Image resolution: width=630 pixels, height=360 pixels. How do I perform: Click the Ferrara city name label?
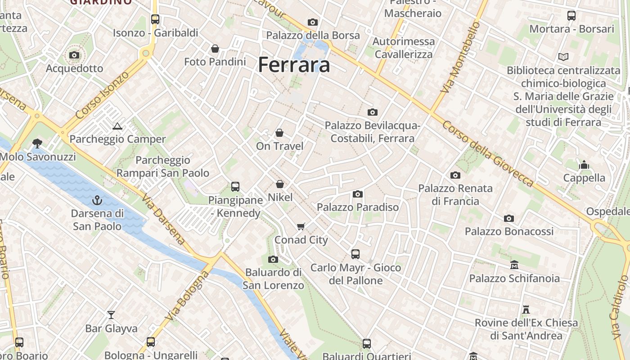click(x=294, y=65)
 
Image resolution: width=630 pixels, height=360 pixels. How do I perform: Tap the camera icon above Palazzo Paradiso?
click(x=358, y=194)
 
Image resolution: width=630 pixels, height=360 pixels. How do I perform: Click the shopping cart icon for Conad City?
click(x=301, y=226)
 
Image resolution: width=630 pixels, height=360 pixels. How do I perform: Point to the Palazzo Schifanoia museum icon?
click(x=514, y=265)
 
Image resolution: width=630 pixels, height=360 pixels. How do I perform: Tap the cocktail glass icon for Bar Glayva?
click(x=111, y=315)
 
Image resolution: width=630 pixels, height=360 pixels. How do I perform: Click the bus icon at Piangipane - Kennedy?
click(x=235, y=187)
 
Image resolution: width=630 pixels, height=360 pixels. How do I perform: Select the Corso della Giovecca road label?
click(x=488, y=153)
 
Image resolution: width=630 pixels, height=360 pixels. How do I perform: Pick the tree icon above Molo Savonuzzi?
click(x=37, y=144)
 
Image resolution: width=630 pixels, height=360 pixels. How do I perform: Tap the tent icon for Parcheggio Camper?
click(x=117, y=126)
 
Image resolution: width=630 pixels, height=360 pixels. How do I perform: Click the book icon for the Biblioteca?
click(x=563, y=57)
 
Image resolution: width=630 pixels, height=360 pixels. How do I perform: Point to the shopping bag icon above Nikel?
click(x=280, y=184)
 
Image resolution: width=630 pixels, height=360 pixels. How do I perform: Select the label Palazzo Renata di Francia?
click(x=455, y=194)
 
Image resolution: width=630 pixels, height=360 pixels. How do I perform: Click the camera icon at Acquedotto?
click(x=74, y=55)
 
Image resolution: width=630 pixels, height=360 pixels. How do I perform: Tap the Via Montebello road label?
click(x=460, y=58)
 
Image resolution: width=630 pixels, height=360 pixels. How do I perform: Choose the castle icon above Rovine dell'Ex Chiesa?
click(x=526, y=310)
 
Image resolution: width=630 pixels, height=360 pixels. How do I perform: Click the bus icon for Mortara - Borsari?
click(x=571, y=16)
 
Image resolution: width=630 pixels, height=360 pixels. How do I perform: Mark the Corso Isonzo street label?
click(x=102, y=95)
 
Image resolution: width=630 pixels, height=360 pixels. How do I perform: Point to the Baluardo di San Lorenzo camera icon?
click(x=273, y=259)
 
